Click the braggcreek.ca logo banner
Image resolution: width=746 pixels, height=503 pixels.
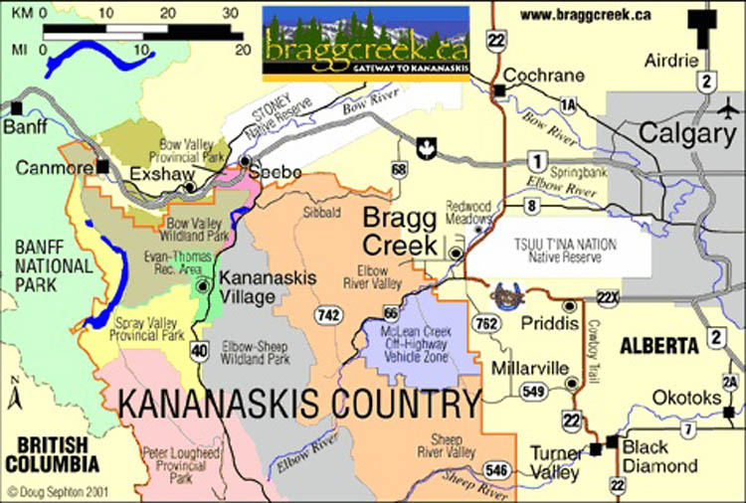(365, 43)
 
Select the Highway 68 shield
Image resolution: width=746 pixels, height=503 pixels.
(400, 171)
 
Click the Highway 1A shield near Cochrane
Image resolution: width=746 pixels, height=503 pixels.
(568, 103)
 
